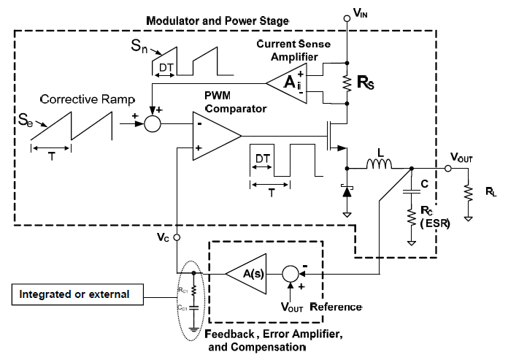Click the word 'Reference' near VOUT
tap(336, 306)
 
